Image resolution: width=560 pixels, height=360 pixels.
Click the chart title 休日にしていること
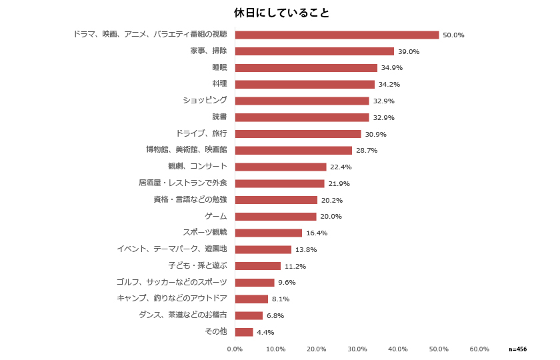(x=281, y=13)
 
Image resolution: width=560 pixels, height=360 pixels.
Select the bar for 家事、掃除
(x=315, y=51)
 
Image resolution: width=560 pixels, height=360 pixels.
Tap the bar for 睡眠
(x=306, y=68)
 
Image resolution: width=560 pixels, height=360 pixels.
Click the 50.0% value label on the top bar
(x=453, y=35)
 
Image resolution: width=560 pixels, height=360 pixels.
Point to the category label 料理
(x=219, y=84)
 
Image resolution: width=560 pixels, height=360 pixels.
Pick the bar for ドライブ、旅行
(x=298, y=134)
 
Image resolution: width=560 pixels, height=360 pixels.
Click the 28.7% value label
(x=367, y=151)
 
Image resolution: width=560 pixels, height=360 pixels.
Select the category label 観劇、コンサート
(x=198, y=167)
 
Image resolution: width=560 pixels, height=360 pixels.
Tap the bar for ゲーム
(x=275, y=217)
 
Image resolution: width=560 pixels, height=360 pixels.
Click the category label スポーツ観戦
(x=205, y=233)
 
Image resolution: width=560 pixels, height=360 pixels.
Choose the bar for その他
(x=244, y=332)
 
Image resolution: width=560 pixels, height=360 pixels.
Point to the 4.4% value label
(x=265, y=332)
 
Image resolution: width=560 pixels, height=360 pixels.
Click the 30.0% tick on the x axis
(x=357, y=349)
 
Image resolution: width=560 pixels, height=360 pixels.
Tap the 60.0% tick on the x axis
(x=479, y=349)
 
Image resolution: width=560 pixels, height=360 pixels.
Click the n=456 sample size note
(x=517, y=349)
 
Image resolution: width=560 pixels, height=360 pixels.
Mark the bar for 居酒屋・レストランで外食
(x=279, y=183)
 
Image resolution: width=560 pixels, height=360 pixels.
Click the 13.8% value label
(x=306, y=249)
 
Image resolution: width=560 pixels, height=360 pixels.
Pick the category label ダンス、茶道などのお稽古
(x=183, y=315)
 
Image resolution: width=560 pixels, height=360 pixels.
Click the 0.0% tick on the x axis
(x=235, y=349)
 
